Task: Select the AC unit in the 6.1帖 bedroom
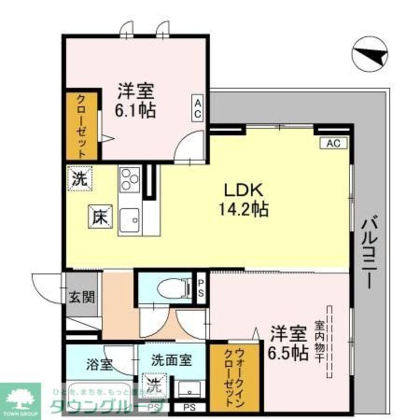click(198, 108)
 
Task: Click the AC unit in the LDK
click(333, 143)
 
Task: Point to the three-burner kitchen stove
click(130, 180)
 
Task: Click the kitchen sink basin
click(130, 219)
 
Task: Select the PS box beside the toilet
click(201, 287)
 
